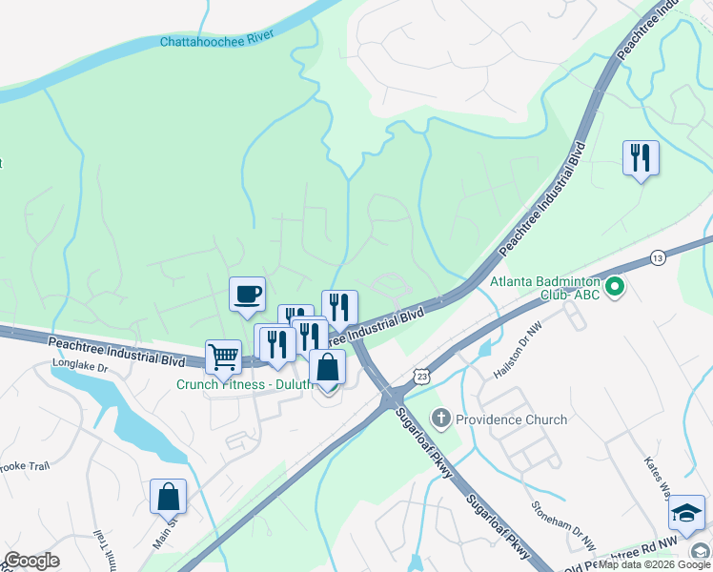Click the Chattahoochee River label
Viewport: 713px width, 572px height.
216,39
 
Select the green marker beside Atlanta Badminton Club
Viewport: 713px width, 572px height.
615,285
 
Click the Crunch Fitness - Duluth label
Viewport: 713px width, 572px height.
244,385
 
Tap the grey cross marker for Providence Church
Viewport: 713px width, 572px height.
440,419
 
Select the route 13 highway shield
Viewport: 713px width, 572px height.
658,258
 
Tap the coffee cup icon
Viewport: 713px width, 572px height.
248,295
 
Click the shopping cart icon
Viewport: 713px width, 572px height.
223,357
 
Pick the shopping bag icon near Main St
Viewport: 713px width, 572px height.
168,497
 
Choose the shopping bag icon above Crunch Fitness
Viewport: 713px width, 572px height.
327,368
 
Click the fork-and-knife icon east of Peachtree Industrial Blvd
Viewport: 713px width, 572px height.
641,157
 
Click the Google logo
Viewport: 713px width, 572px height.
31,561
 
